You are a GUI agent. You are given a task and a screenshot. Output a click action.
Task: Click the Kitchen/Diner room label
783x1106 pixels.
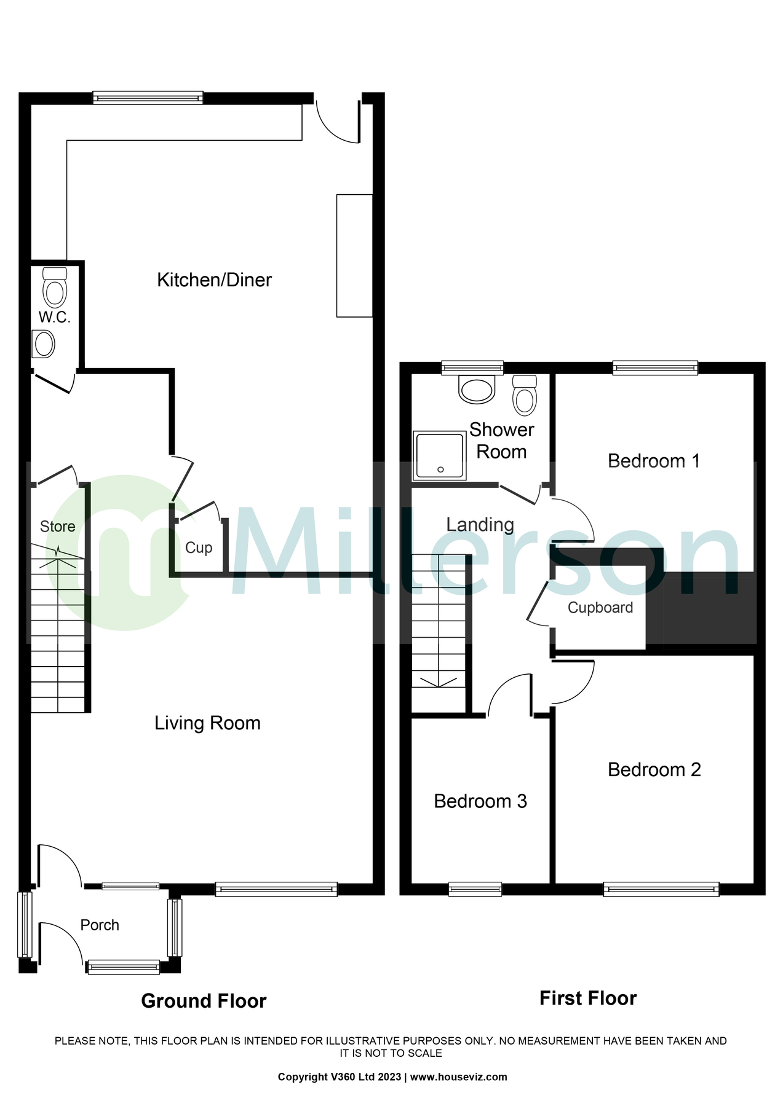pos(214,280)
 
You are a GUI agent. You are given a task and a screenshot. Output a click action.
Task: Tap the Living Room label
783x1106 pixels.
pos(207,723)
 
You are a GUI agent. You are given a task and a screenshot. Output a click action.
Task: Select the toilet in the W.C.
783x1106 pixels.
pos(55,289)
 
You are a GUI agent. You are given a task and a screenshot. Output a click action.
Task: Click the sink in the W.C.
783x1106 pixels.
pos(44,344)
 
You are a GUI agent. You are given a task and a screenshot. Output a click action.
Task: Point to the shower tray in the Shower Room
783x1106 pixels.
pos(439,455)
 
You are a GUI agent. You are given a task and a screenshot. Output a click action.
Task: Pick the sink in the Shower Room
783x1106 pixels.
pos(477,389)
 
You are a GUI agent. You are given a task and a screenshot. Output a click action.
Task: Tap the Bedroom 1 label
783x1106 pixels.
pos(654,461)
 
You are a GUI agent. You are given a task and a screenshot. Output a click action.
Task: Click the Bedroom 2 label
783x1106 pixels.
pos(654,770)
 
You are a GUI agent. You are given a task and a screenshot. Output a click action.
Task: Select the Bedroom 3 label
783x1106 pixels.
pos(480,801)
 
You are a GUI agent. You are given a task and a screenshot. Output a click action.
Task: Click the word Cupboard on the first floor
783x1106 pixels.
pos(600,608)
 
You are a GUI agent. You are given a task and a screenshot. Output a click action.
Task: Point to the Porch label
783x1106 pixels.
pos(100,925)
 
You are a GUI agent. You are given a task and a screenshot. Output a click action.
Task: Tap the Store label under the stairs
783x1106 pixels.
pos(57,527)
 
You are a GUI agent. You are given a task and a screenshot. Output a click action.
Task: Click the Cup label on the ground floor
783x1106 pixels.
pos(199,547)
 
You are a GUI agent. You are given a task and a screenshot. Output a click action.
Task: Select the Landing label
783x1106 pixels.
pos(480,525)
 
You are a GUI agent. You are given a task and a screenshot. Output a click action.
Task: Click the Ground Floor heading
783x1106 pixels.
pos(204,1001)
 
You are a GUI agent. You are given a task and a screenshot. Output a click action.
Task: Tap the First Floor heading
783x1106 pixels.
pos(587,998)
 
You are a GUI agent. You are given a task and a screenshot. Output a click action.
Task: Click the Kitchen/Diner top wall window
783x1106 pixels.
pos(148,97)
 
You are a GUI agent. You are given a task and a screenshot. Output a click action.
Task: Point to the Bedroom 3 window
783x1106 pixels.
pos(475,889)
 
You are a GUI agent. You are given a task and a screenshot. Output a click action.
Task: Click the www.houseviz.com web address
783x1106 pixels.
pos(458,1077)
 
